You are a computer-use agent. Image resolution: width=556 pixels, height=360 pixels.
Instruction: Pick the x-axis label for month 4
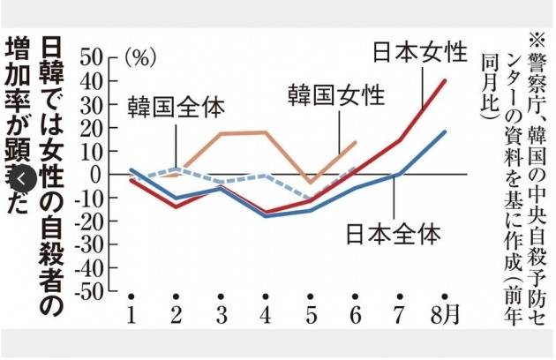pyautogui.click(x=265, y=315)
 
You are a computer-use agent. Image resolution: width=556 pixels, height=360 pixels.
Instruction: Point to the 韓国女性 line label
pyautogui.click(x=336, y=94)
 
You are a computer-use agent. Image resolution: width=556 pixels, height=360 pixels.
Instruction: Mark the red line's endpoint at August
pyautogui.click(x=445, y=80)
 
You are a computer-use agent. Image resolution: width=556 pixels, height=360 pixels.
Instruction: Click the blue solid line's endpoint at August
pyautogui.click(x=445, y=131)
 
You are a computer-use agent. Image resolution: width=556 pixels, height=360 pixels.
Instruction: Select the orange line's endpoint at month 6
pyautogui.click(x=356, y=141)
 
